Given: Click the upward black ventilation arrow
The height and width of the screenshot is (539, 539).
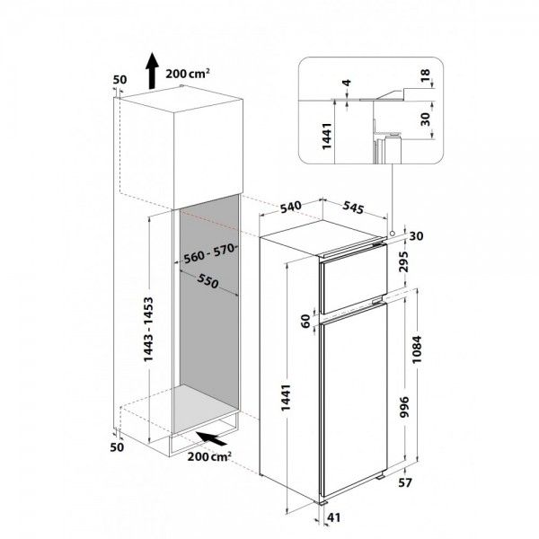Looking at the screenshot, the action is (151, 71).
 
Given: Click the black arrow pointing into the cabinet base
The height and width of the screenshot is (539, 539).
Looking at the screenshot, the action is (211, 438).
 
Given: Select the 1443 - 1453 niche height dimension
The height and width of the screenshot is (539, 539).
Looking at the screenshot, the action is (148, 330).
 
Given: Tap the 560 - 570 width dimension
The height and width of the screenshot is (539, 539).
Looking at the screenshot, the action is (209, 253).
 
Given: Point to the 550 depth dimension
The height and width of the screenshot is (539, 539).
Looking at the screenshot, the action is (208, 281).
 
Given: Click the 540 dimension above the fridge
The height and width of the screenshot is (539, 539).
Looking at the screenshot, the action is (290, 207).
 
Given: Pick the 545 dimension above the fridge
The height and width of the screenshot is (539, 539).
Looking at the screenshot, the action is (353, 207).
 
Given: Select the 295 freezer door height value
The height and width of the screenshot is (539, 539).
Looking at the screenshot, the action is (404, 261).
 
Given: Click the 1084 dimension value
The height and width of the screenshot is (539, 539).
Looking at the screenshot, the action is (417, 349).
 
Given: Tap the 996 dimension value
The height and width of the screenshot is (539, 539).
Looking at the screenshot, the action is (405, 407).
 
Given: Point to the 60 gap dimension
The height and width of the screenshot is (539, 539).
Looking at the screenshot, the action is (305, 321).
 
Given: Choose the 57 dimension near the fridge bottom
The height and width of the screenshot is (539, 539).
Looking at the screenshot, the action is (404, 482).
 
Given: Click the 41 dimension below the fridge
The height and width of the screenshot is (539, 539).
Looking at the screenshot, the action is (333, 517).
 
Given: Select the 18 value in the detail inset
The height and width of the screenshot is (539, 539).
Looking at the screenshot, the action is (425, 75).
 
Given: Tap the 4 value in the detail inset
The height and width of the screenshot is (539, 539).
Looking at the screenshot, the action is (347, 83).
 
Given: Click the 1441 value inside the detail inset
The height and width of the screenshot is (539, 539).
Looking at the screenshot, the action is (326, 137).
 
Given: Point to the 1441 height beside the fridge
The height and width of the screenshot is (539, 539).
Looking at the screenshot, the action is (286, 398).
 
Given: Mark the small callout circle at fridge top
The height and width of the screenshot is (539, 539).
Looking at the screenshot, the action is (392, 234).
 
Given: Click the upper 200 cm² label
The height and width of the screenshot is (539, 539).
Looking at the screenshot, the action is (188, 74).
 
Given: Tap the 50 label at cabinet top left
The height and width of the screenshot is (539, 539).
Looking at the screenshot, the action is (120, 80).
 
